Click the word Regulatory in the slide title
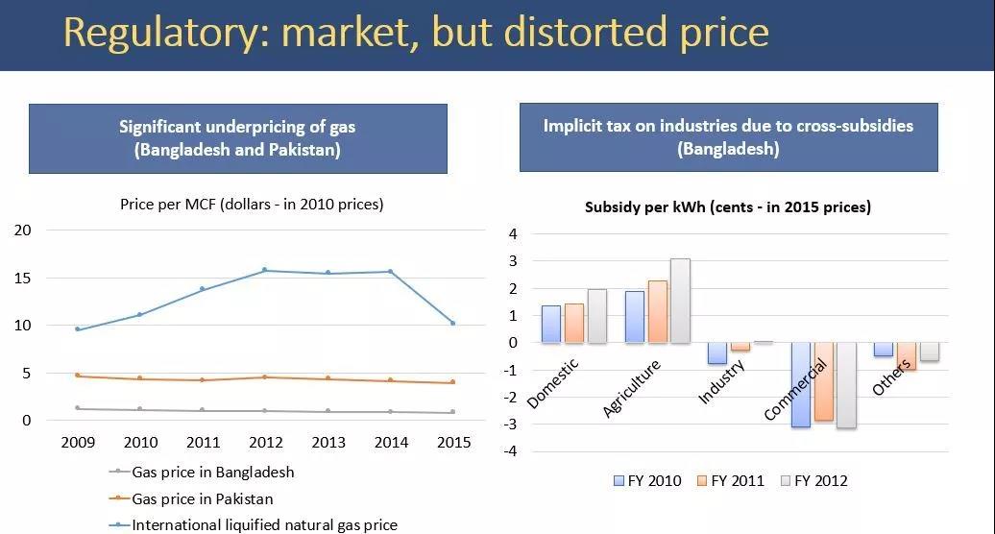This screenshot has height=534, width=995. pyautogui.click(x=164, y=33)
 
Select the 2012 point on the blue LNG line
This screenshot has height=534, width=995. pyautogui.click(x=265, y=271)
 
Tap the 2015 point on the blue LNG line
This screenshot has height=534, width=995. pyautogui.click(x=453, y=323)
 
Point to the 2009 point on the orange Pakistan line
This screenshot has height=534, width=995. pyautogui.click(x=78, y=376)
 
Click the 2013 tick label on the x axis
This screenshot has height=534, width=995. pyautogui.click(x=328, y=443)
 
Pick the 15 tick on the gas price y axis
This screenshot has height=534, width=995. pyautogui.click(x=23, y=278)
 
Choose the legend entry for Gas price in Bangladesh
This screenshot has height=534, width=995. pyautogui.click(x=212, y=473)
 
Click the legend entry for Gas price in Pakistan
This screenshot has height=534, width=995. pyautogui.click(x=202, y=499)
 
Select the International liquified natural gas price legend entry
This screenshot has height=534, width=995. pyautogui.click(x=264, y=525)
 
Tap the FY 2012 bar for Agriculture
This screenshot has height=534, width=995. pyautogui.click(x=680, y=301)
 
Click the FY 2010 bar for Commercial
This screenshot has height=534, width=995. pyautogui.click(x=800, y=384)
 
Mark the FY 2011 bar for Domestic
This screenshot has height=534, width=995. pyautogui.click(x=574, y=324)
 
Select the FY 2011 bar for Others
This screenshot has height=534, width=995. pyautogui.click(x=906, y=356)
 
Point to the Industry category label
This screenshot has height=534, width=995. pyautogui.click(x=720, y=381)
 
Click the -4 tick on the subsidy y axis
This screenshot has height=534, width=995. pyautogui.click(x=513, y=451)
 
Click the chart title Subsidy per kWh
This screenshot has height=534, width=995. pyautogui.click(x=727, y=206)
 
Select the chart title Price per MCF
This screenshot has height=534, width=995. pyautogui.click(x=252, y=204)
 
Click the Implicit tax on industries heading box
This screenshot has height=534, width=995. pyautogui.click(x=728, y=137)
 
